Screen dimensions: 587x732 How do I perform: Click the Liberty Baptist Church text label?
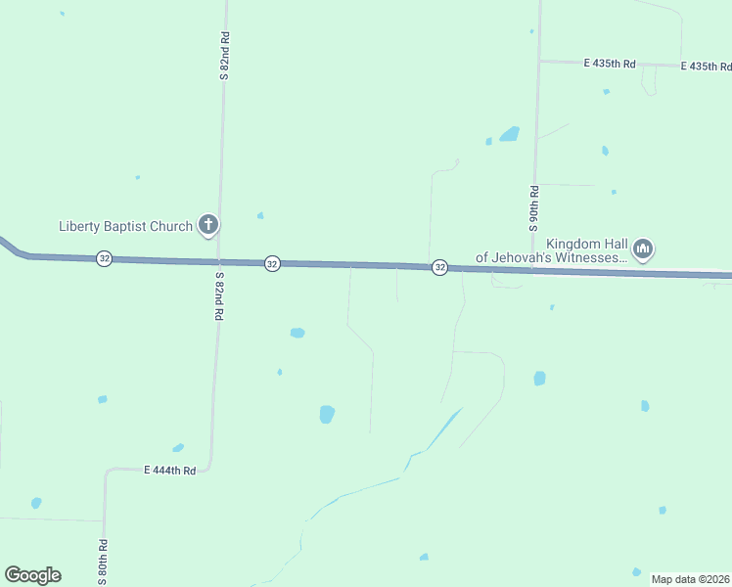125,227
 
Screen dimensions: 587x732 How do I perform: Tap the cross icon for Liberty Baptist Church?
207,225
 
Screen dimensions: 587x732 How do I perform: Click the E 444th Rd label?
169,471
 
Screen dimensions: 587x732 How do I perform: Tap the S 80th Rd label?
102,562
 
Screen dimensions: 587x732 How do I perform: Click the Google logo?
32,575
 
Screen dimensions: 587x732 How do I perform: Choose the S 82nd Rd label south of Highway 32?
219,298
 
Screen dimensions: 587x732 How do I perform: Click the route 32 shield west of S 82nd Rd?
104,258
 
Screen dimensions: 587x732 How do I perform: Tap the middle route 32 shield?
272,263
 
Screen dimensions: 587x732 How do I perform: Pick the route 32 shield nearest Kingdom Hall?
440,267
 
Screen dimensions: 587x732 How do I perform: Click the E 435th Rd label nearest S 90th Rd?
610,64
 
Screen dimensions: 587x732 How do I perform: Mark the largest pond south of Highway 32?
327,414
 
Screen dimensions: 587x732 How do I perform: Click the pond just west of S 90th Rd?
509,134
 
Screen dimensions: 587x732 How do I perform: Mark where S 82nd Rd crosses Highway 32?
217,261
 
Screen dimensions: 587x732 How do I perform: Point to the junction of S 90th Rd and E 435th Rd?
538,62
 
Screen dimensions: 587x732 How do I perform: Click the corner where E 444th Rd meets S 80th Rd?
106,472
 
